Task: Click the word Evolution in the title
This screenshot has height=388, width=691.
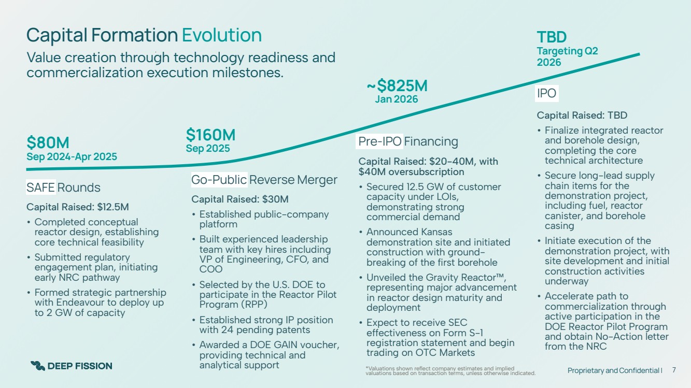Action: coord(222,35)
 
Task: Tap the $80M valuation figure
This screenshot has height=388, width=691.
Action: coord(48,142)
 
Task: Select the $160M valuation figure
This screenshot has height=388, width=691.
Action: coord(210,135)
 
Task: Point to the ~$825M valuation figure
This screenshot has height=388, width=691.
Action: coord(397,85)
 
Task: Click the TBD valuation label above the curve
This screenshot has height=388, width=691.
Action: coord(552,37)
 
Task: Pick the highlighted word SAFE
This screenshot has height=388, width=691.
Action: coord(40,187)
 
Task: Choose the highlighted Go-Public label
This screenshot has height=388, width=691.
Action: coord(219,180)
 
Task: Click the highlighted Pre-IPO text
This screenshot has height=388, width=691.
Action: coord(380,141)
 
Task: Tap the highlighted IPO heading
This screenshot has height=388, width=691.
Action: coord(547,93)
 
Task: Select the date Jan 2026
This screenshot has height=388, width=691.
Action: coord(397,99)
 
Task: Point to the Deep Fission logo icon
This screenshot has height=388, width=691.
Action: coord(37,366)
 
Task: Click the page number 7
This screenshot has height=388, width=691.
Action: coord(674,370)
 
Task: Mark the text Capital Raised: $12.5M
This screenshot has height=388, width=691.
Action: coord(77,207)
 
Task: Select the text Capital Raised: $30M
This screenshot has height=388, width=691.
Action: coord(240,199)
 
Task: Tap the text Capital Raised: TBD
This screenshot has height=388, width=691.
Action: coord(582,116)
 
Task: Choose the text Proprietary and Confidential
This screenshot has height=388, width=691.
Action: coord(614,370)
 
